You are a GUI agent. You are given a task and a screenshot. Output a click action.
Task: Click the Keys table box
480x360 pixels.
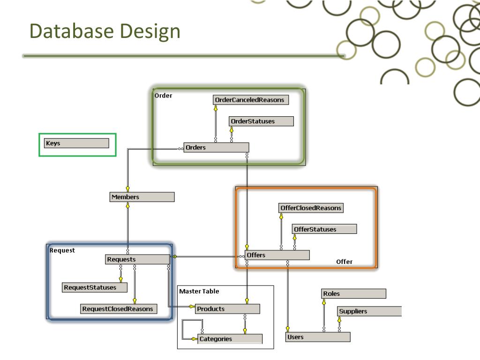76,143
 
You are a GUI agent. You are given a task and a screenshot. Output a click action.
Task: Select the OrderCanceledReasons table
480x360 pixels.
250,100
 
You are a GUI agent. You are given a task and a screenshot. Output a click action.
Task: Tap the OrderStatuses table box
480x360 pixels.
261,121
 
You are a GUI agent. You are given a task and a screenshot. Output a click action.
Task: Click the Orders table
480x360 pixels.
216,148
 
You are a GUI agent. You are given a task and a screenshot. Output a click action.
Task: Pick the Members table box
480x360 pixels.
142,197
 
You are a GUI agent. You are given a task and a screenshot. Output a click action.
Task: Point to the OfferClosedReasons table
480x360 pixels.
310,208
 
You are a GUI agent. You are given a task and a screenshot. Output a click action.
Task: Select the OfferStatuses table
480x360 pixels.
324,229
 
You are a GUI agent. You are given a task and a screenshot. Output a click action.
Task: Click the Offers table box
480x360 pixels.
277,255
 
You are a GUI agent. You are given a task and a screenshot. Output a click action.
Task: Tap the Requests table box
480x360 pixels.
137,259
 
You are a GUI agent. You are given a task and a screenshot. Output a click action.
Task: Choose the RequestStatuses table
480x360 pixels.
95,287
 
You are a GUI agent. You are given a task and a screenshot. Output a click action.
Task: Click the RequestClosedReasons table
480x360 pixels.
119,309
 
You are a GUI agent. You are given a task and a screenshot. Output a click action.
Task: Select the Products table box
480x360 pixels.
227,309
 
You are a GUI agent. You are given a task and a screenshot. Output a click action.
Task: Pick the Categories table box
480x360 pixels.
230,339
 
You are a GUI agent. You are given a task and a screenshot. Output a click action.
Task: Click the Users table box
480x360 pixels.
318,337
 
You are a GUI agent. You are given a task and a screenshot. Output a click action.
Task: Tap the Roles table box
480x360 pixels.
353,294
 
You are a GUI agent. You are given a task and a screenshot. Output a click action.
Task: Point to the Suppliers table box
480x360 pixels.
369,311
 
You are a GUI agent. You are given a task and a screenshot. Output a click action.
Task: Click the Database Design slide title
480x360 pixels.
105,31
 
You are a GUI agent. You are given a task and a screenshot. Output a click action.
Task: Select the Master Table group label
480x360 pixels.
199,291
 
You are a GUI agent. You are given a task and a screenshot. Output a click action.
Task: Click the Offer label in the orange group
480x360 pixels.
344,262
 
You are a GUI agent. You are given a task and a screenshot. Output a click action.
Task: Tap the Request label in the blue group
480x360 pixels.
62,250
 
